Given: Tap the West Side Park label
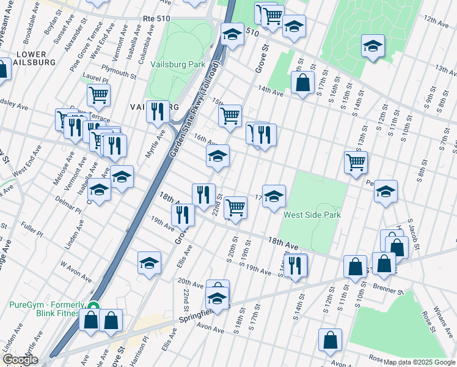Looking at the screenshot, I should click(312, 215).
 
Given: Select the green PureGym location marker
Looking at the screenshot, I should click(93, 306).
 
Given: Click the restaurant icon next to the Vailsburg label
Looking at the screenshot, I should click(158, 111).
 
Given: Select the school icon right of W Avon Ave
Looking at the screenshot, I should click(149, 262).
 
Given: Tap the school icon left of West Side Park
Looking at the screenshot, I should click(274, 195).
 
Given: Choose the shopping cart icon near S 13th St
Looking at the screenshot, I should click(356, 162).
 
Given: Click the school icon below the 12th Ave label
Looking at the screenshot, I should click(373, 45).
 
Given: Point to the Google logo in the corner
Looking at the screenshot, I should click(20, 360).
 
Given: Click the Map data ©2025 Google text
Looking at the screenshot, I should click(419, 362).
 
